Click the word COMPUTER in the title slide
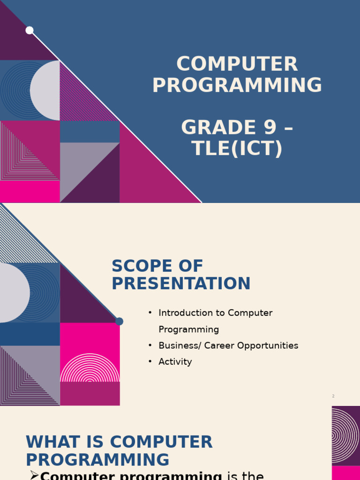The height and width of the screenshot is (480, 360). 237,65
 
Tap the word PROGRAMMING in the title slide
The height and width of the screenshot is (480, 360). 237,85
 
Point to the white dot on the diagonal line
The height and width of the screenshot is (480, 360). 30,30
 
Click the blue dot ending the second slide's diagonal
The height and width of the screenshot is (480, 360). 119,322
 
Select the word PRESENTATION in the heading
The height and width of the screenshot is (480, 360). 181,284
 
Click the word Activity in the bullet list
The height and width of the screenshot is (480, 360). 175,362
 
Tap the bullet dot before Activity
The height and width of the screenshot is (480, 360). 150,361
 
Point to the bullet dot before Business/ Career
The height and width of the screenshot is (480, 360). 150,345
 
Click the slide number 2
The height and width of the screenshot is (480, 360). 333,396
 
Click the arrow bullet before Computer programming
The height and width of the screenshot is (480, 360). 34,475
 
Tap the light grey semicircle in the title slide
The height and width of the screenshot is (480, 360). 46,90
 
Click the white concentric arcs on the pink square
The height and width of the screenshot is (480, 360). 90,368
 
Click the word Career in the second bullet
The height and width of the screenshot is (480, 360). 219,345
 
